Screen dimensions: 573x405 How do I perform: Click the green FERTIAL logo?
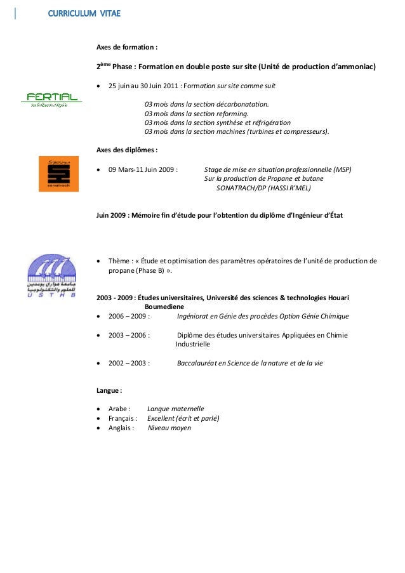[x=53, y=99]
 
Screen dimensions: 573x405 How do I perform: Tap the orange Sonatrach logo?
[x=58, y=173]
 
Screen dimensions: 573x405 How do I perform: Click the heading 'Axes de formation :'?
[x=127, y=48]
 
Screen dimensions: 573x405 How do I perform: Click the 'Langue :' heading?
[x=109, y=390]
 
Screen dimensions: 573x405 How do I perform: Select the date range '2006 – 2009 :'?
[x=129, y=315]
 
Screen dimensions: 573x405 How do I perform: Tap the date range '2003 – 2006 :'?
[x=129, y=335]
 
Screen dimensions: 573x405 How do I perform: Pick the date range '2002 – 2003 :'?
[x=129, y=363]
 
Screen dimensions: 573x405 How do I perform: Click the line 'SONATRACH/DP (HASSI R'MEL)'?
[x=263, y=188]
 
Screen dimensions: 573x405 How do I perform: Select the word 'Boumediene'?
[x=165, y=306]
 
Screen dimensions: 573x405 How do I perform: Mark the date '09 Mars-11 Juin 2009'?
[x=142, y=170]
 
